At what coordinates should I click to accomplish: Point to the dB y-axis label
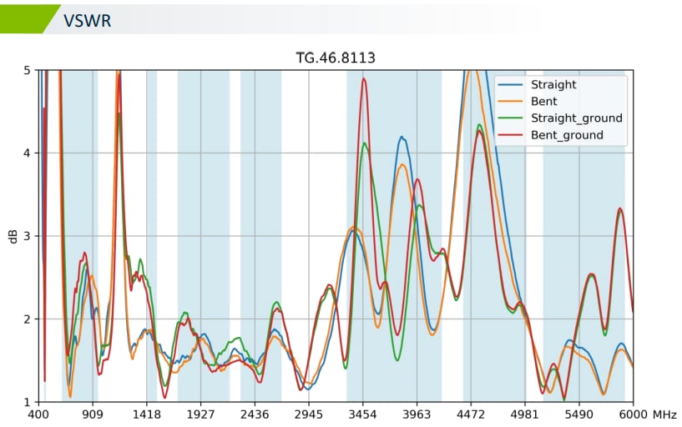coord(13,236)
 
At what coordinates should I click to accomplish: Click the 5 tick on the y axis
coord(28,71)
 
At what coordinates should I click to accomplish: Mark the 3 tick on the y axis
coord(28,236)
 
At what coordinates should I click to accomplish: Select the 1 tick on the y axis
coord(28,402)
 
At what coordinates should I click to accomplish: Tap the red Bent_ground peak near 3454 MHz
coord(364,79)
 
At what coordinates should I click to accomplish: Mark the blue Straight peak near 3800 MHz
coord(402,138)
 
